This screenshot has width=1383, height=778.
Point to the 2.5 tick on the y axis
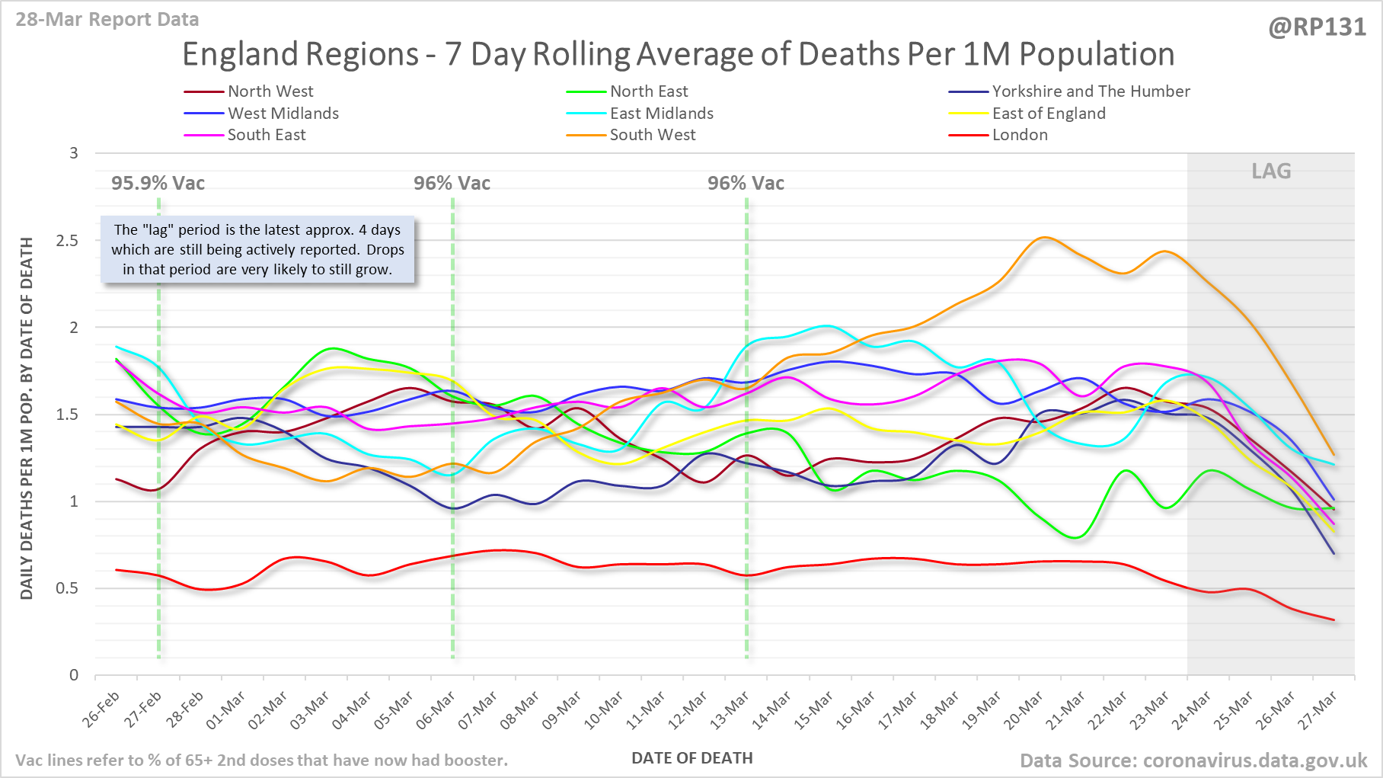(x=67, y=241)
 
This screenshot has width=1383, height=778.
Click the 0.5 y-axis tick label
(x=67, y=588)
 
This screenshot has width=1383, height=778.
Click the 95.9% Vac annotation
(x=158, y=184)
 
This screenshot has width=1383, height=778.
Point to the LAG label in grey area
(x=1271, y=171)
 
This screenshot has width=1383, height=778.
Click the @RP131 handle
(x=1317, y=27)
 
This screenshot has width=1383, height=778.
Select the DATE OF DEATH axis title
(x=691, y=758)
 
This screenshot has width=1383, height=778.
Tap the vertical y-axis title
(x=27, y=418)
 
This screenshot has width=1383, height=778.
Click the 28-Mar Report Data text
(x=107, y=20)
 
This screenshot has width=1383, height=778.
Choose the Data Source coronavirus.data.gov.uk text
(x=1193, y=760)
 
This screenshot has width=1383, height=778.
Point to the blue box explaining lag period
(x=257, y=250)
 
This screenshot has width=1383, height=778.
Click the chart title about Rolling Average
(x=678, y=55)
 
